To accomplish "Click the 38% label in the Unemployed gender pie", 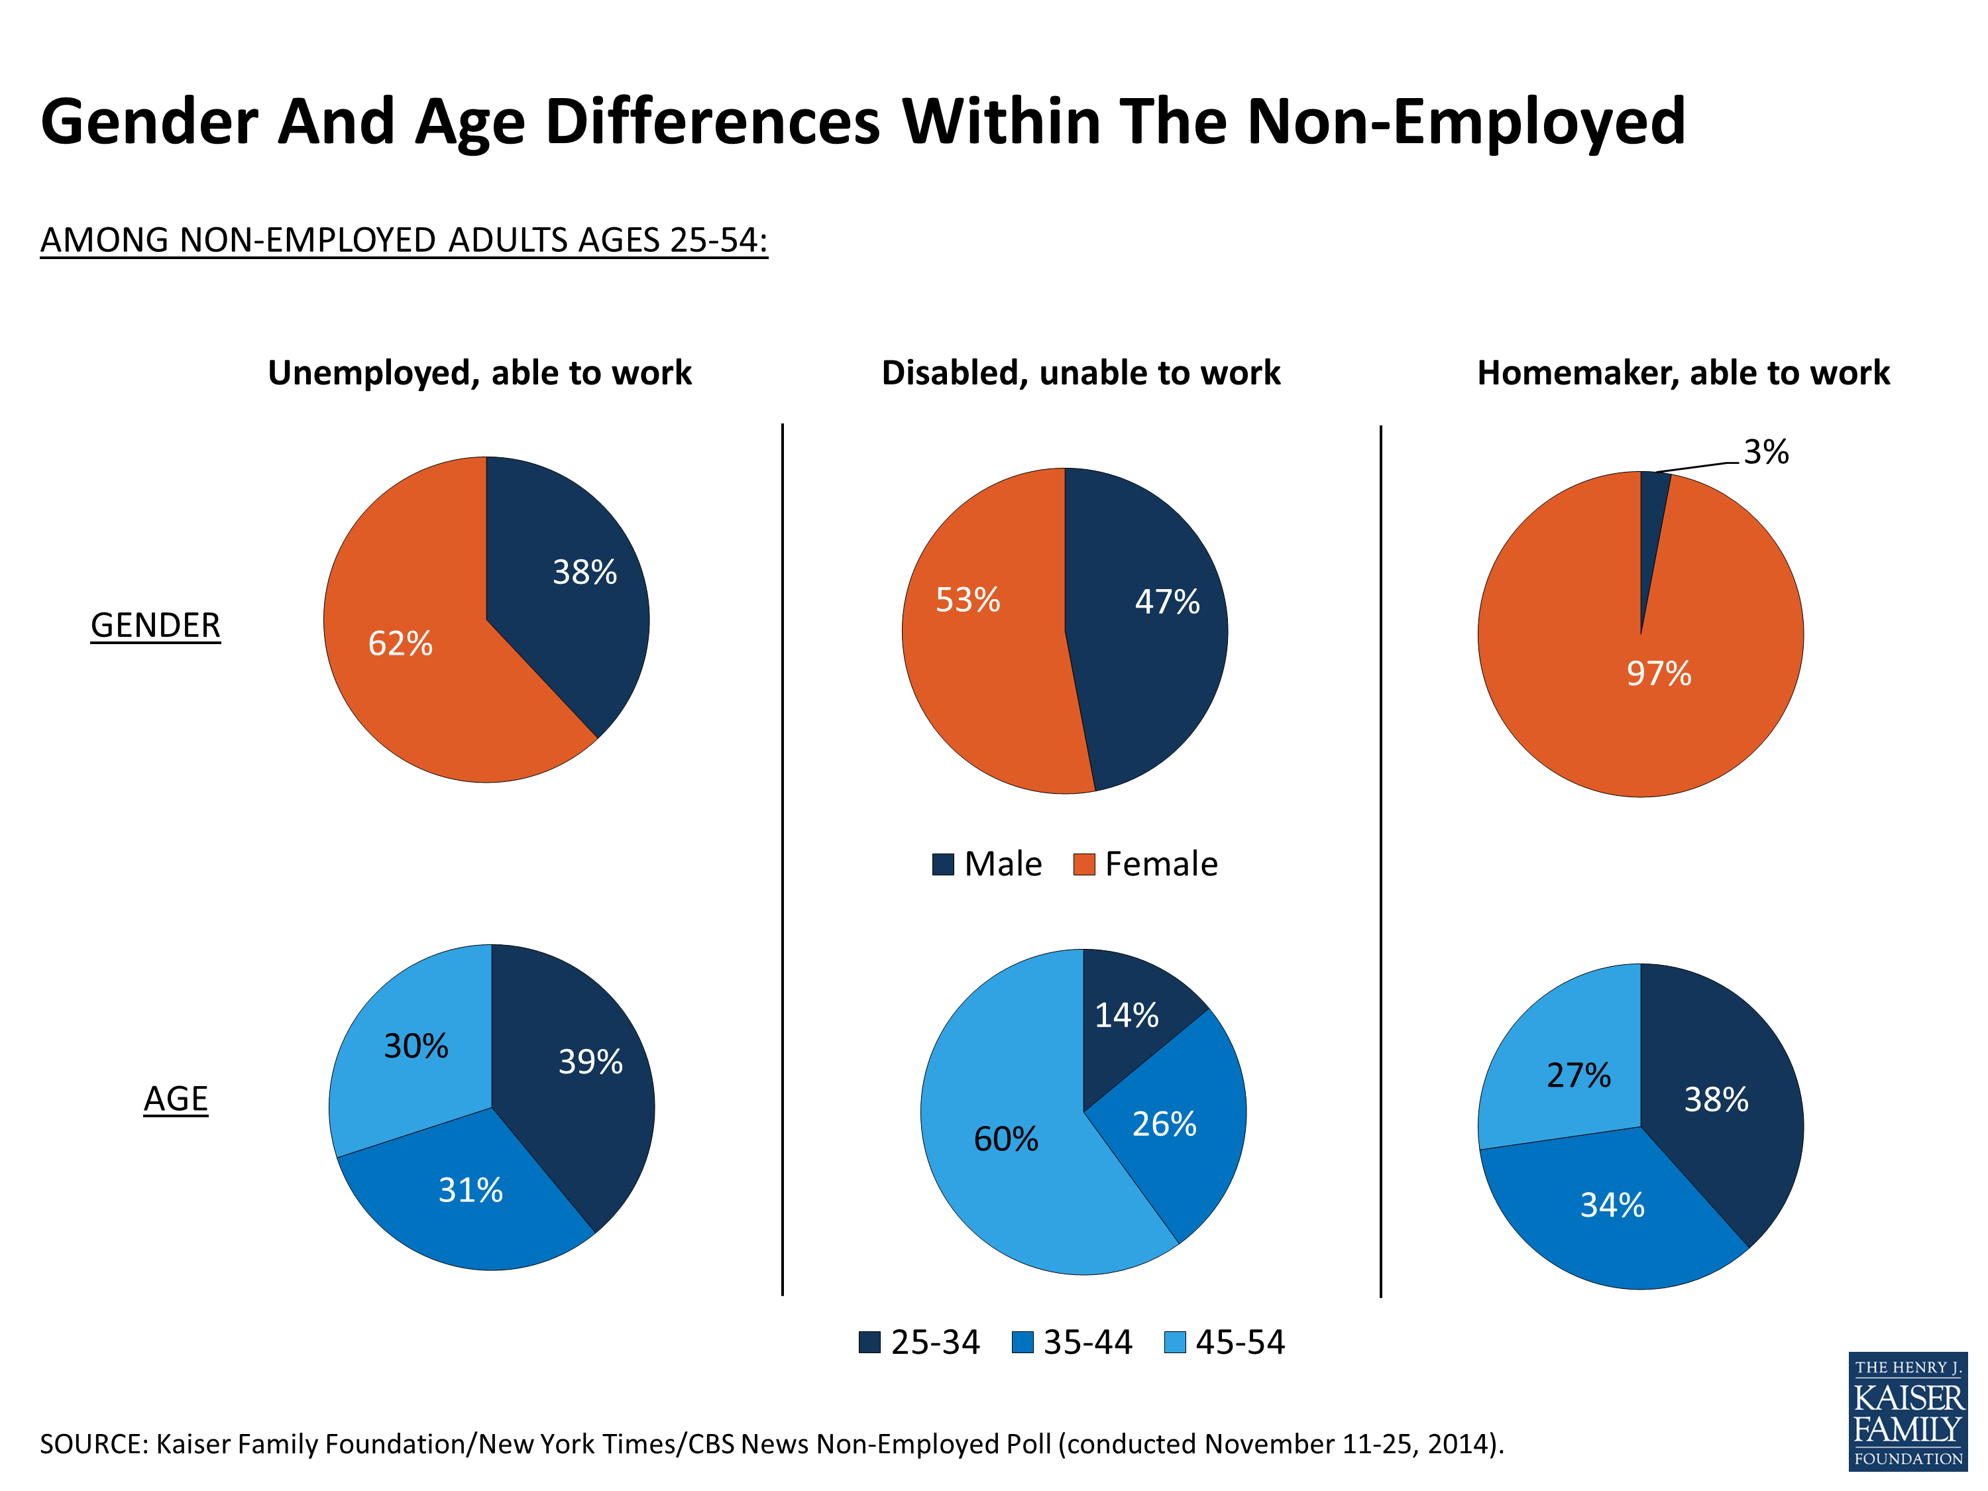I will pos(584,573).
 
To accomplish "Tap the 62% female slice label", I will pos(400,643).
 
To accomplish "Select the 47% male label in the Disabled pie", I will pos(1166,601).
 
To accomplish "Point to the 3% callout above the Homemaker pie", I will pos(1765,452).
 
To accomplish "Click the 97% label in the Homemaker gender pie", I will pos(1658,673).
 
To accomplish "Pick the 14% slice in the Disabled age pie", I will pos(1126,1016).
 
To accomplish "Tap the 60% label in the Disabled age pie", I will pos(1006,1140).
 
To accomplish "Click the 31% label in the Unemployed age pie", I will pos(470,1191).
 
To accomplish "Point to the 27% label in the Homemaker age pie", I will pos(1578,1076).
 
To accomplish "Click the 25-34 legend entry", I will pos(918,1343).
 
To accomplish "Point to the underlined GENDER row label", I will pos(156,626).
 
